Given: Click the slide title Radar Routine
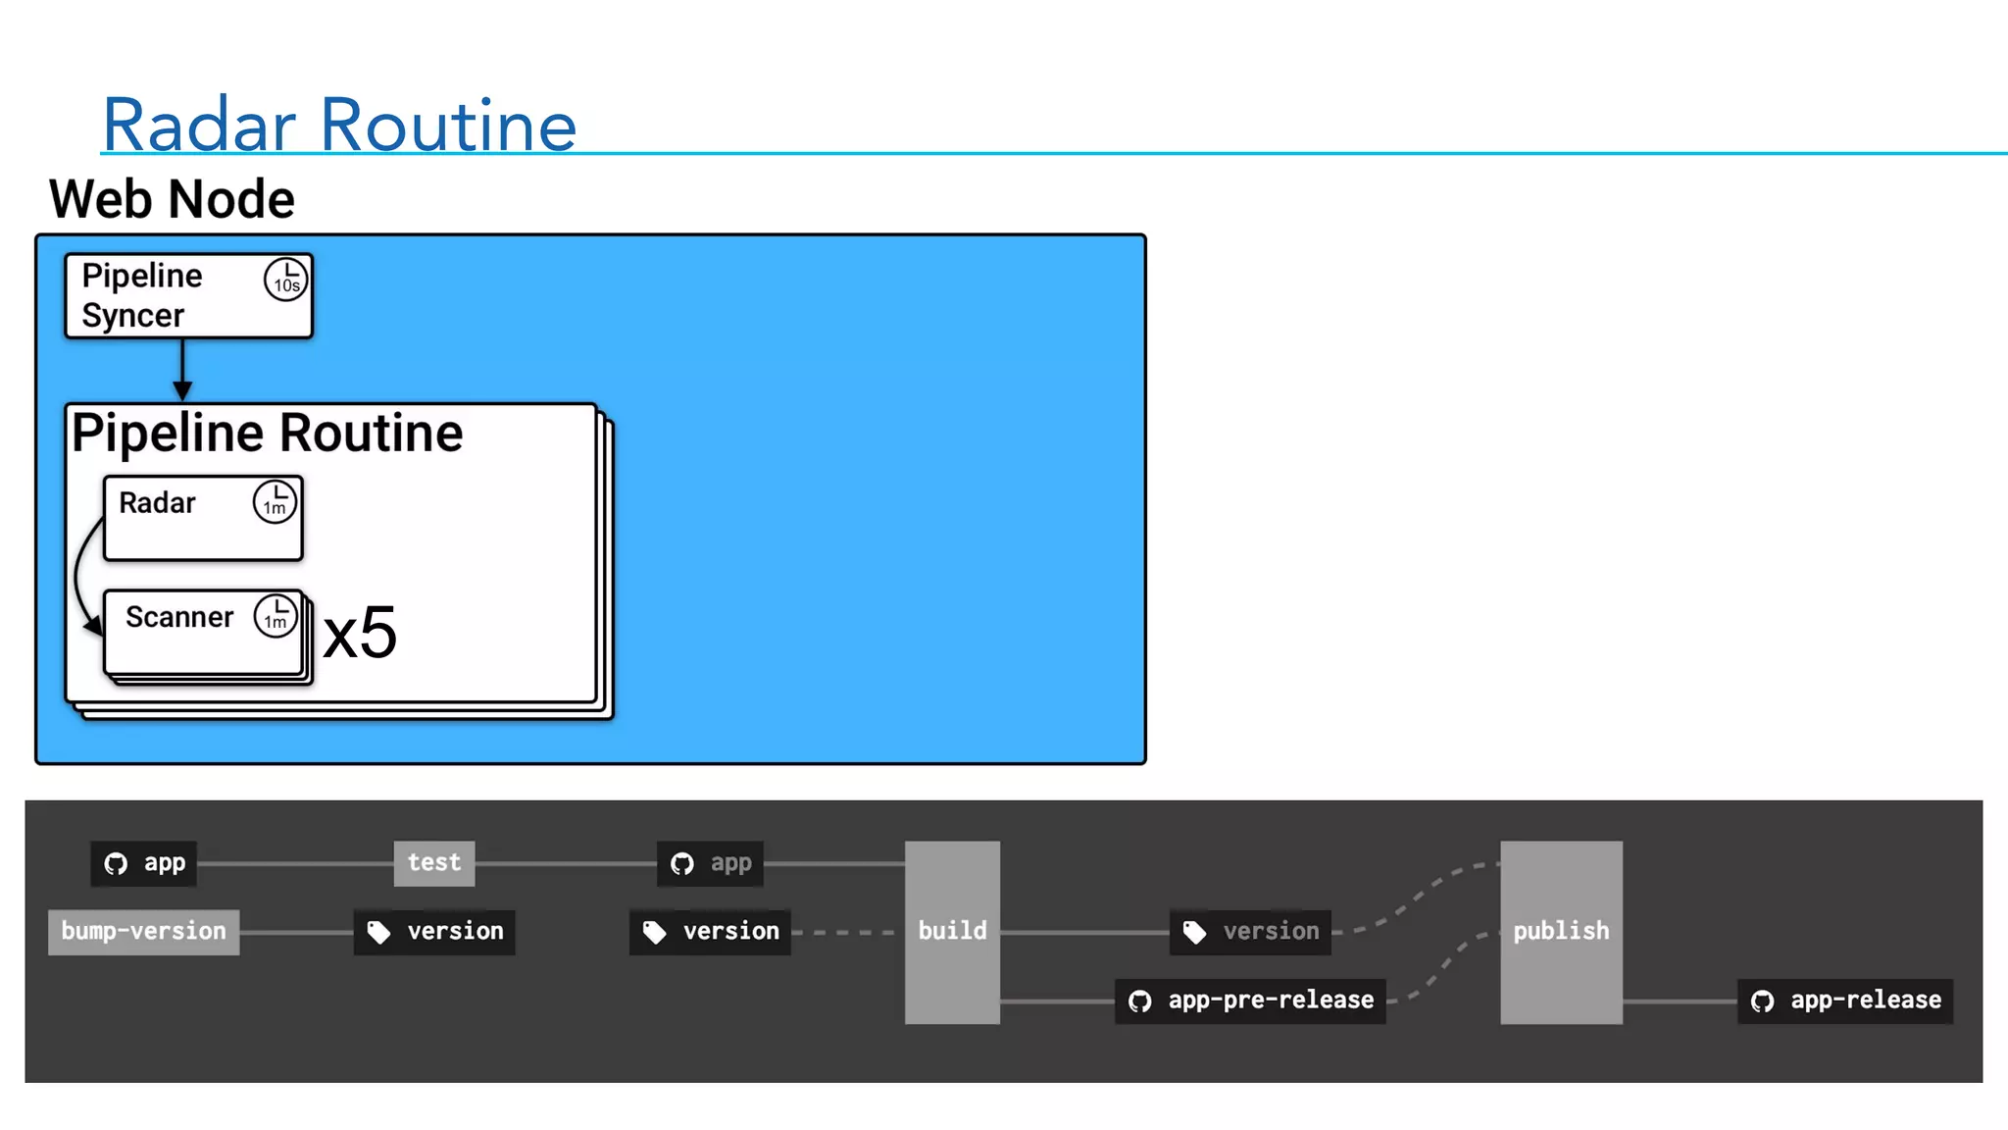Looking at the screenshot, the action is click(339, 125).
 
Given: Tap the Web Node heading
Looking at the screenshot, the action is click(172, 199).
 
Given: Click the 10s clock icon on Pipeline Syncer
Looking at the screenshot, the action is click(285, 280).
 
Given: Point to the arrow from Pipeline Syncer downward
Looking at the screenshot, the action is click(182, 370).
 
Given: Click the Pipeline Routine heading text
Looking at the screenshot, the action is click(268, 434).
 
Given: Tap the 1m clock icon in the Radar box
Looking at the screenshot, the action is click(275, 502).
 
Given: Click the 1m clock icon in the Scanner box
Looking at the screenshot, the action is click(276, 617).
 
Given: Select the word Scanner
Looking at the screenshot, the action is click(179, 617).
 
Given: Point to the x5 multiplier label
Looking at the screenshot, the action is click(360, 633).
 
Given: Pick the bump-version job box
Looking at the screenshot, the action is click(143, 931).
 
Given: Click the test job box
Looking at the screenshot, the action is click(433, 863).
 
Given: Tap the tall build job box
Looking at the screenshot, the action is click(952, 932).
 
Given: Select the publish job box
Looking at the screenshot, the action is click(1561, 932).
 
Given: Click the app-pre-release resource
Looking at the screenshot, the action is click(1250, 1001).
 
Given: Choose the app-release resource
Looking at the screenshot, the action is click(1845, 1001).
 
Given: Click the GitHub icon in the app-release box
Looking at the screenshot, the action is click(1762, 1002).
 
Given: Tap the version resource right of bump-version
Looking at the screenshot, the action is click(434, 932).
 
